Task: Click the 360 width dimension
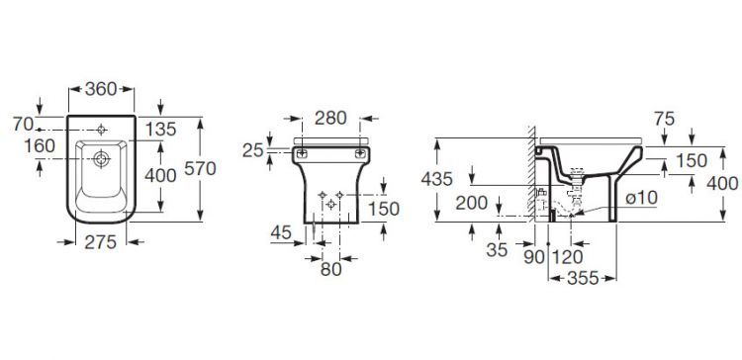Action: click(101, 88)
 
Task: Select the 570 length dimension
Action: click(200, 168)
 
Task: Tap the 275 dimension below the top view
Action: click(100, 242)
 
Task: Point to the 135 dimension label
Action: click(160, 129)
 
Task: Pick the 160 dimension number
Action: click(40, 146)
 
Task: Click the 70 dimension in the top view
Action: click(23, 125)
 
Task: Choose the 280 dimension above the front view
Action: click(330, 119)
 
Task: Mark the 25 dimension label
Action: click(252, 150)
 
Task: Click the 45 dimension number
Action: click(281, 232)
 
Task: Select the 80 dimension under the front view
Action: click(330, 270)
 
